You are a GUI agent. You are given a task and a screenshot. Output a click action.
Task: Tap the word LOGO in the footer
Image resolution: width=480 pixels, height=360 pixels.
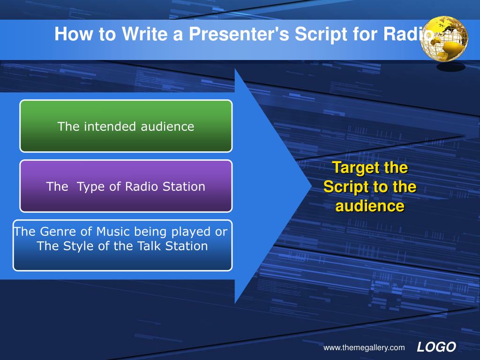coord(436,347)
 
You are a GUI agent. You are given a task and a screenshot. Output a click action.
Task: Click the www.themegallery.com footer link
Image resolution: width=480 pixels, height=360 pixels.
coord(364,348)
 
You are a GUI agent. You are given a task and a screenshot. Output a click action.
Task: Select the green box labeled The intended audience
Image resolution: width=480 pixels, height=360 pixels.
coord(126,126)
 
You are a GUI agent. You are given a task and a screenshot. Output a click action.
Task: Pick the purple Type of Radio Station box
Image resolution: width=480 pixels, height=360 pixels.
coord(126,186)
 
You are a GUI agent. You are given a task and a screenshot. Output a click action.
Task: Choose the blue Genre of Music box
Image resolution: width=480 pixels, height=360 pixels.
coord(122,245)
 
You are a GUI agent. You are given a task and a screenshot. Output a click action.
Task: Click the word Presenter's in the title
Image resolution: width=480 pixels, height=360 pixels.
coord(239,34)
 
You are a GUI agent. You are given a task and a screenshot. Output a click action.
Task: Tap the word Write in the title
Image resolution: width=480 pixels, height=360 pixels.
coord(144,34)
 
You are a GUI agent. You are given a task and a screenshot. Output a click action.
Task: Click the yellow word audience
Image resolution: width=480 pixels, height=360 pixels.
coord(370,206)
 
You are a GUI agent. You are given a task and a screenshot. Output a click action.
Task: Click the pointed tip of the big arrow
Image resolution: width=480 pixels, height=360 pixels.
coord(311,186)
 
